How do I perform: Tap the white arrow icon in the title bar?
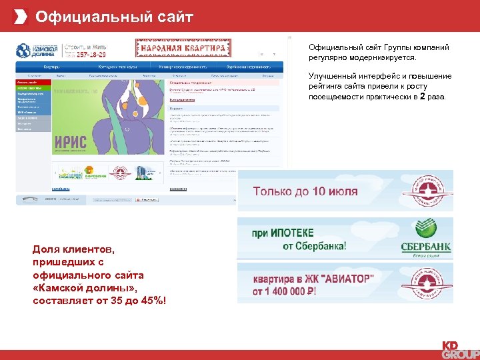click(22, 16)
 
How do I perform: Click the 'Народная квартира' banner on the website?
click(181, 49)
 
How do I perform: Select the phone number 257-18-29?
click(91, 55)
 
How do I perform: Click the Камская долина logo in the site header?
click(37, 51)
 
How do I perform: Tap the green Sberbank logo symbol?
click(424, 229)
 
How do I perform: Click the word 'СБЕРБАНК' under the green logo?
click(425, 247)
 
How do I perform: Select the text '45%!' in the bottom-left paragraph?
click(150, 301)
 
